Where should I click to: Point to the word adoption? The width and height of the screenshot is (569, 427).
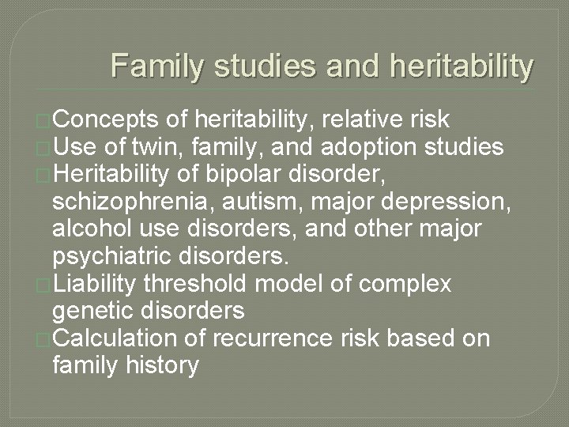point(358,146)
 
